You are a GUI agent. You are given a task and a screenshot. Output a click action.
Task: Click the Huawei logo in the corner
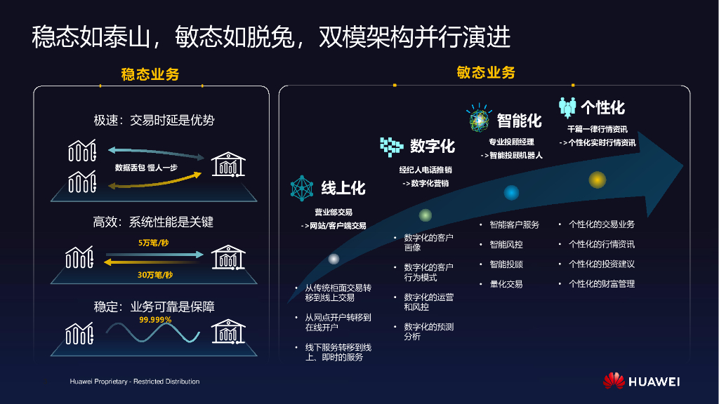click(x=641, y=381)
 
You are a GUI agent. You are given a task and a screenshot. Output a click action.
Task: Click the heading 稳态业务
click(x=150, y=74)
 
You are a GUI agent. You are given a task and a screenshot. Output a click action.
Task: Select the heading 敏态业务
click(x=486, y=72)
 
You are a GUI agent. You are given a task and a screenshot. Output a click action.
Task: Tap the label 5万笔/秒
click(x=154, y=243)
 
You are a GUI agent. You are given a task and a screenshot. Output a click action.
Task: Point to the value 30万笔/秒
click(x=154, y=274)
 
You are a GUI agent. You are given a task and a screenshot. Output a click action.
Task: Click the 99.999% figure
click(x=155, y=319)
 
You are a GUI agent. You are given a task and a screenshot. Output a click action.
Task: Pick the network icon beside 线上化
click(x=302, y=188)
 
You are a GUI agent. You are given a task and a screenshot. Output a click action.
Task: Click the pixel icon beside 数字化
click(x=391, y=145)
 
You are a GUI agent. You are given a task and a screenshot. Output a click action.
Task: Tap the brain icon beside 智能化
click(x=479, y=120)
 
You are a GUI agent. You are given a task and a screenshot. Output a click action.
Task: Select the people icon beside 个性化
click(x=567, y=107)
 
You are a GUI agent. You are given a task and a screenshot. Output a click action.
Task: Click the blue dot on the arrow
click(x=511, y=193)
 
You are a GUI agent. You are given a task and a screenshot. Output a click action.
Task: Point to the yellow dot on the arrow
click(x=597, y=180)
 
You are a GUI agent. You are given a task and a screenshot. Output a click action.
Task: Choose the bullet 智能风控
click(x=506, y=245)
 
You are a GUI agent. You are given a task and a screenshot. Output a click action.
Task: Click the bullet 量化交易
click(x=506, y=284)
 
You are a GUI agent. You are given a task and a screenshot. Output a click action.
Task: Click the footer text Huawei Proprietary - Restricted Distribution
click(x=135, y=382)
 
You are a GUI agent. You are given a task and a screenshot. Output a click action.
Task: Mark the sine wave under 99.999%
click(x=154, y=332)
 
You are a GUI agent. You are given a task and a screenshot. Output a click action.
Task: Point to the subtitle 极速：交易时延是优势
click(x=154, y=120)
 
